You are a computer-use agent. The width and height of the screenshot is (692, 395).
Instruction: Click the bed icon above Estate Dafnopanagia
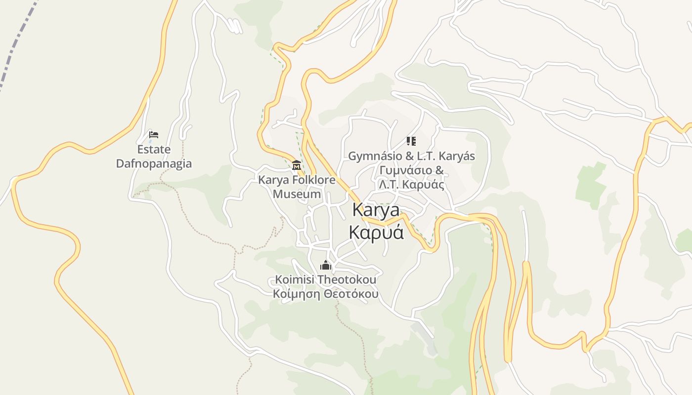click(154, 134)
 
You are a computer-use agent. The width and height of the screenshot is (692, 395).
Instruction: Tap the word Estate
click(154, 149)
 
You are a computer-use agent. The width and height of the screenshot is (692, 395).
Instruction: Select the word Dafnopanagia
click(154, 163)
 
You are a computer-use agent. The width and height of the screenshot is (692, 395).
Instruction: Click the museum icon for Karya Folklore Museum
click(297, 165)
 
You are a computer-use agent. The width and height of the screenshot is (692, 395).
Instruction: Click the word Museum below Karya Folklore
click(297, 194)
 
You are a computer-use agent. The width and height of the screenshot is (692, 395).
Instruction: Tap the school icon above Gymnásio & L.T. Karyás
click(411, 141)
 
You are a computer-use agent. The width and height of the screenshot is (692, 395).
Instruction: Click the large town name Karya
click(376, 210)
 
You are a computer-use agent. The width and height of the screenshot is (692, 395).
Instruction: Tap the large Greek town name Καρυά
click(376, 232)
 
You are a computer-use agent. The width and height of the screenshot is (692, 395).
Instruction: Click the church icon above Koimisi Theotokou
click(326, 266)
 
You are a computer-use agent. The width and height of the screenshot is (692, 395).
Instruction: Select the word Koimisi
click(295, 279)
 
